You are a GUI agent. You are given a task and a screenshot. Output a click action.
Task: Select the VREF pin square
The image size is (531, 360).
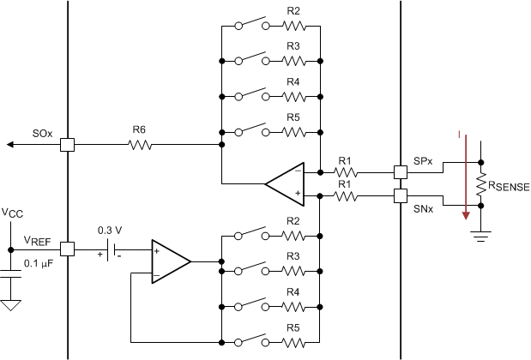tap(67, 249)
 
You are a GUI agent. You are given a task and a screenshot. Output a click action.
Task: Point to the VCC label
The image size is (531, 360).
tap(12, 212)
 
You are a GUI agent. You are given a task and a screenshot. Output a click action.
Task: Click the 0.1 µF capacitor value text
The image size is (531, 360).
tap(39, 264)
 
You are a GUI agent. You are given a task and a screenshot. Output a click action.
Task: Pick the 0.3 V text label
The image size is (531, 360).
tap(109, 229)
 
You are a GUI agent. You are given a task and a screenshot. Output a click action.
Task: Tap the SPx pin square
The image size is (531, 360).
tap(401, 171)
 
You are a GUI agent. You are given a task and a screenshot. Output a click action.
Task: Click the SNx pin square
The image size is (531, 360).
tap(401, 196)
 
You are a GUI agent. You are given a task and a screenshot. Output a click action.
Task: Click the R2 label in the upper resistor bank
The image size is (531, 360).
tap(293, 11)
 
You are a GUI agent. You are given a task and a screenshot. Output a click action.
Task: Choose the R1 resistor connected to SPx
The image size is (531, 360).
tap(345, 171)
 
